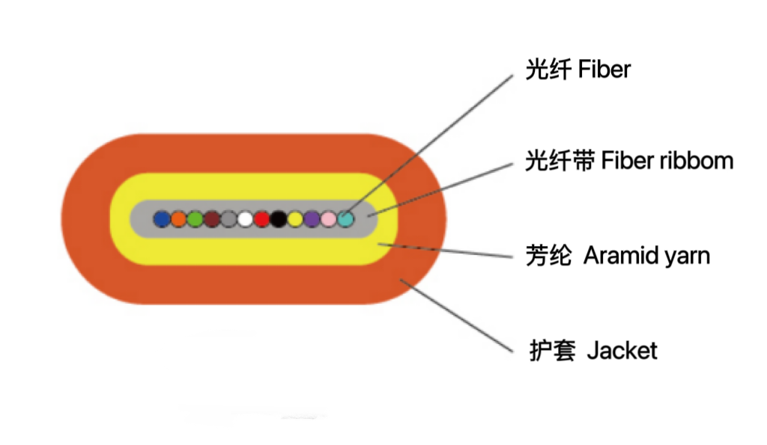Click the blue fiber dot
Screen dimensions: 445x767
coord(161,219)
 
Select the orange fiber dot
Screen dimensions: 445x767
coord(178,219)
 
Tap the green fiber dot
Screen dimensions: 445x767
coord(195,219)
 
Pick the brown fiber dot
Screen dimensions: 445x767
coord(212,219)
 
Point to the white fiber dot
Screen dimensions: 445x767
coord(245,219)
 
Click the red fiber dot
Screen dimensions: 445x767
coord(261,219)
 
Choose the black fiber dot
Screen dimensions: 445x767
coord(279,219)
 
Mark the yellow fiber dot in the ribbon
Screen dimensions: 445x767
coord(295,219)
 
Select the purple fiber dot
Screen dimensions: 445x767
coord(312,219)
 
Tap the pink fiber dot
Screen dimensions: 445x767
coord(328,219)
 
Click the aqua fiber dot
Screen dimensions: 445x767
coord(345,219)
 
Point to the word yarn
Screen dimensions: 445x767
coord(688,256)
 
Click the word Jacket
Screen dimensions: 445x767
coord(622,350)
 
